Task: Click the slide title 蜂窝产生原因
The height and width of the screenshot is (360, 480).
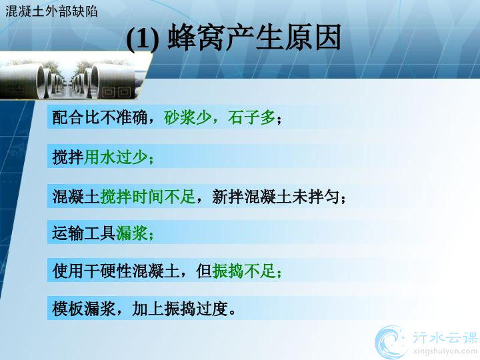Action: click(x=255, y=38)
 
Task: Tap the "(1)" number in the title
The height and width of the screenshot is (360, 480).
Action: click(x=143, y=39)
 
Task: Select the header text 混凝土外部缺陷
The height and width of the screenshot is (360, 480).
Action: click(x=51, y=11)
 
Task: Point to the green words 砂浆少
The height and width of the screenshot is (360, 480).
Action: click(x=187, y=117)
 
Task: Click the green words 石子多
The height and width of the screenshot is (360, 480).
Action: click(x=251, y=117)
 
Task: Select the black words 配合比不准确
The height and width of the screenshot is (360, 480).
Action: click(x=100, y=117)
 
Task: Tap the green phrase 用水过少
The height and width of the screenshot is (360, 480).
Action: click(x=116, y=157)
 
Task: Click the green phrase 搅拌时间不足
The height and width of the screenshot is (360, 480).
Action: click(x=148, y=197)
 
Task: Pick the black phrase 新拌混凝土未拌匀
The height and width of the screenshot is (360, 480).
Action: click(x=276, y=197)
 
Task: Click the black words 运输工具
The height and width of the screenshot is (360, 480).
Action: click(x=84, y=233)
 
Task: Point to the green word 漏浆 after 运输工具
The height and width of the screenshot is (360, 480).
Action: click(x=132, y=233)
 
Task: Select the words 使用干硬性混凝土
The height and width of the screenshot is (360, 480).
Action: click(x=116, y=271)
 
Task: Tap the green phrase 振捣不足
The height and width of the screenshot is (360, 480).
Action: click(x=244, y=271)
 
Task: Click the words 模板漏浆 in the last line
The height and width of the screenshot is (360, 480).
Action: click(x=84, y=309)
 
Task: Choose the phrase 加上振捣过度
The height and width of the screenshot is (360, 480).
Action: click(x=180, y=309)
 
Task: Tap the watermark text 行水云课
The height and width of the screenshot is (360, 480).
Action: click(x=445, y=337)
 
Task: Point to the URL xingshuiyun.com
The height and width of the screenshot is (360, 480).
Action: click(x=445, y=351)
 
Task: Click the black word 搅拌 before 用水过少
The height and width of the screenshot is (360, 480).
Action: click(x=68, y=157)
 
